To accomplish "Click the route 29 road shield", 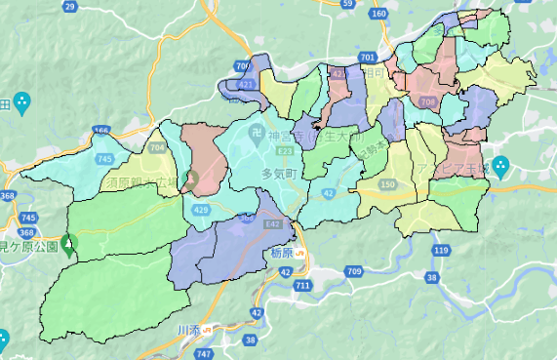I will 69,6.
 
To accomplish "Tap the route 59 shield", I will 347,4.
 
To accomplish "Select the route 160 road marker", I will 379,14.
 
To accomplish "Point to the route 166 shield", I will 102,130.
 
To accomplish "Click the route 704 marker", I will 158,148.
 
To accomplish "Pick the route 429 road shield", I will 201,210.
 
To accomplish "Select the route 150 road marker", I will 387,184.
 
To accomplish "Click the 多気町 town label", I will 279,174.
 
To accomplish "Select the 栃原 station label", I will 280,252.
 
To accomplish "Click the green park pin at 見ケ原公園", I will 67,243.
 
